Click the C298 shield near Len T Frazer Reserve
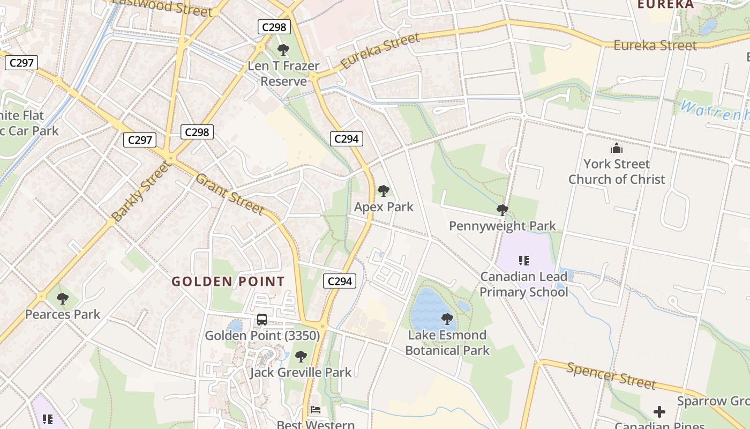[274, 27]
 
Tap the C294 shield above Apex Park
[346, 139]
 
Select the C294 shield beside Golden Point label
[340, 280]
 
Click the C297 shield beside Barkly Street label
[140, 140]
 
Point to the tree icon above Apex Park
[383, 191]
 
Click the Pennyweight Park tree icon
[502, 210]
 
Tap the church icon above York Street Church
[617, 149]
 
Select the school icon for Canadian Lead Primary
[523, 261]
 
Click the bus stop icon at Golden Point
[262, 320]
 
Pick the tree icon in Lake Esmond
[447, 320]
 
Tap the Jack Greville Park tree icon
[301, 357]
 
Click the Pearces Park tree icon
[62, 299]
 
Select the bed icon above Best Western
[316, 410]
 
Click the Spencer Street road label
[611, 375]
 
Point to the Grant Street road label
[229, 193]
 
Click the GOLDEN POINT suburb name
[228, 282]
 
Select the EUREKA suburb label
[665, 4]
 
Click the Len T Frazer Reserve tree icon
[283, 50]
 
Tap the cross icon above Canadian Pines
[659, 412]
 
